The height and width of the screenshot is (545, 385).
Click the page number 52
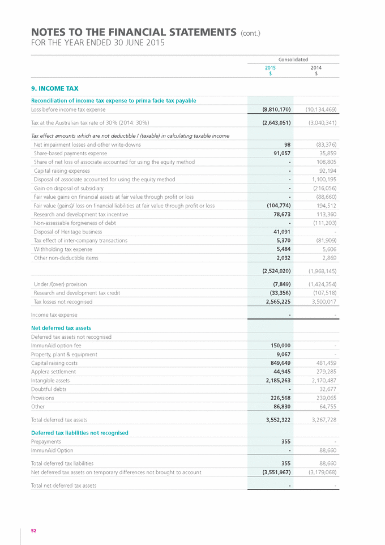point(33,530)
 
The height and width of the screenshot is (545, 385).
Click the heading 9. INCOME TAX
point(55,88)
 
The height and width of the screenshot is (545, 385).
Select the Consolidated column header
point(293,59)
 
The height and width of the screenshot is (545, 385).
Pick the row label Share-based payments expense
point(70,153)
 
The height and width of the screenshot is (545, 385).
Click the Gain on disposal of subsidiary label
point(69,188)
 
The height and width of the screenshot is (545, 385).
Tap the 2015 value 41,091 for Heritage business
point(281,232)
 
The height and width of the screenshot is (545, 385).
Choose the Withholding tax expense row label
point(66,249)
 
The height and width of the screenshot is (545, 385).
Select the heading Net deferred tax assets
point(61,328)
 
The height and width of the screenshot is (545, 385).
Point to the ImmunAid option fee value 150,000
point(280,346)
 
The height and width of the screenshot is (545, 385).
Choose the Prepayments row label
point(47,441)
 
